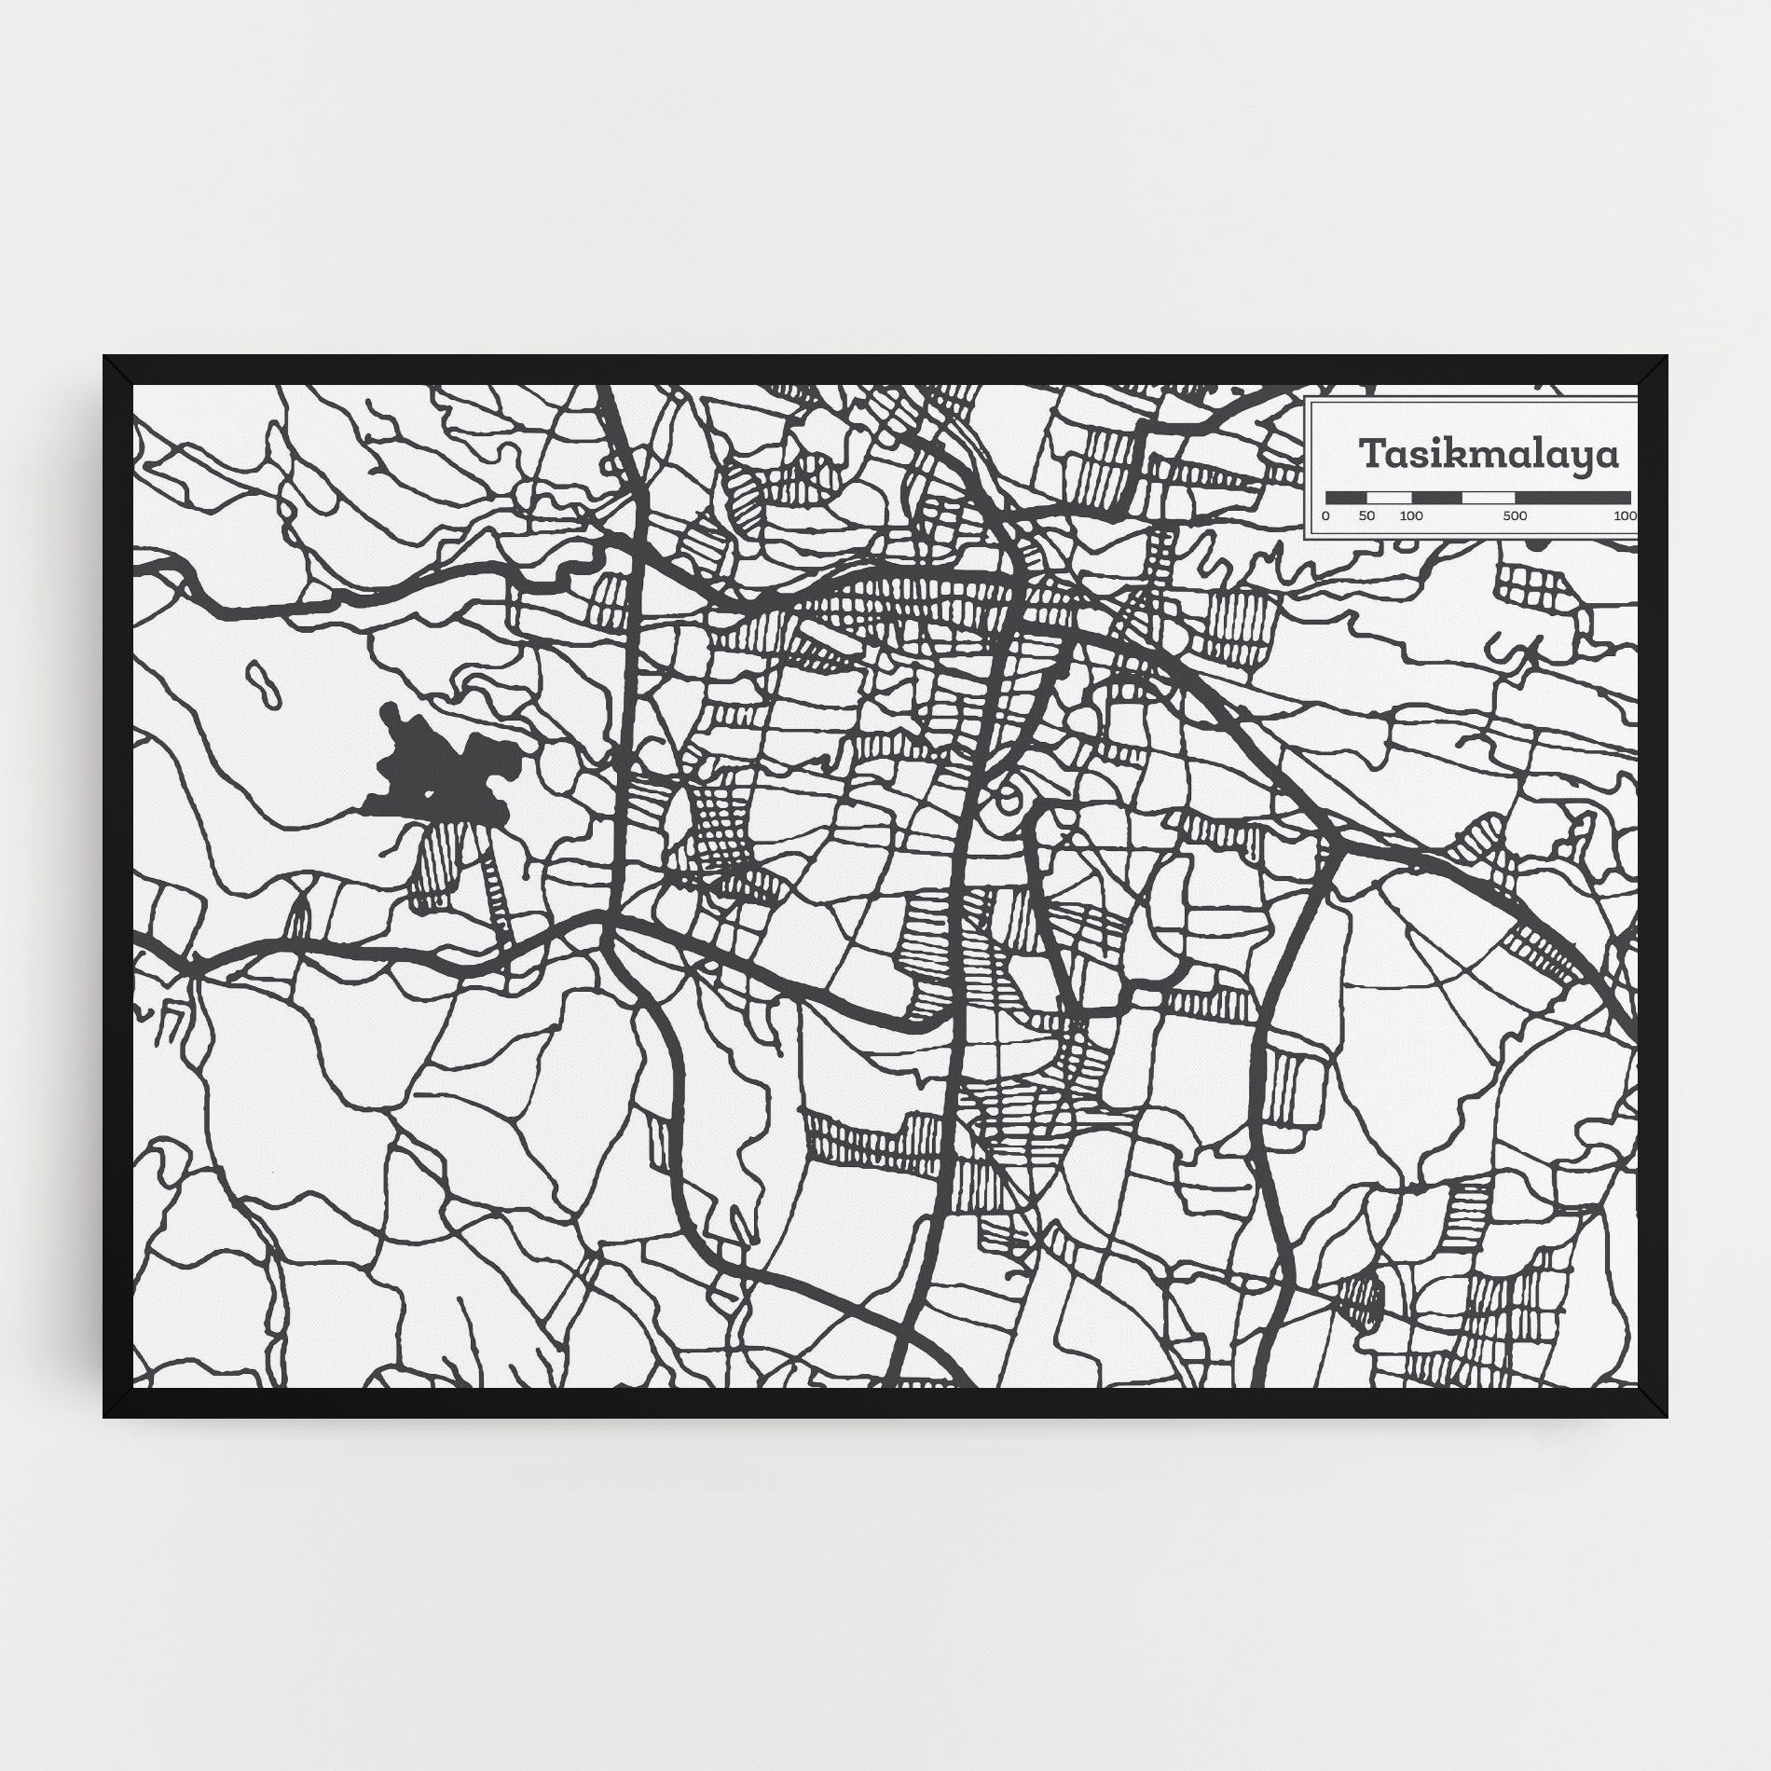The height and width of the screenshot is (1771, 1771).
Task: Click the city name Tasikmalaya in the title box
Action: pyautogui.click(x=1489, y=456)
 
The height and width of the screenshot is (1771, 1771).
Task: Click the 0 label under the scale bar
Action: pyautogui.click(x=1326, y=516)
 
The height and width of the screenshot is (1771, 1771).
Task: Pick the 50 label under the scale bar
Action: pyautogui.click(x=1366, y=516)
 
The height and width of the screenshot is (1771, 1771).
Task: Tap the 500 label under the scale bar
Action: pyautogui.click(x=1515, y=516)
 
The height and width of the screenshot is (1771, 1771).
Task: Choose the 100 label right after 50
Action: pyautogui.click(x=1410, y=516)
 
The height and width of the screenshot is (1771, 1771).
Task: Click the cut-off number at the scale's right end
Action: pyautogui.click(x=1625, y=516)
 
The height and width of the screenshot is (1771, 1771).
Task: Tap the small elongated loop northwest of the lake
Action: pyautogui.click(x=263, y=685)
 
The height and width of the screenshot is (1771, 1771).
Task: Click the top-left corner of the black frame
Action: pyautogui.click(x=105, y=358)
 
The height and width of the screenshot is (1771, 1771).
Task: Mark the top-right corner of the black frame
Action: pyautogui.click(x=1666, y=358)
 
